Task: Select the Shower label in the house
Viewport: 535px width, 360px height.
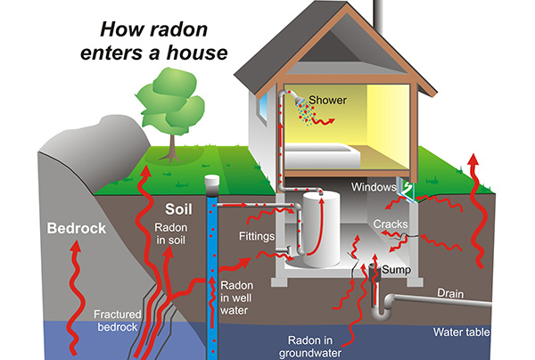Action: point(329,100)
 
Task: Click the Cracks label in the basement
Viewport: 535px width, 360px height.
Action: point(391,224)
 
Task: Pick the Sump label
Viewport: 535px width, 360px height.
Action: point(396,268)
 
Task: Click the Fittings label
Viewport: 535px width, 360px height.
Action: point(257,238)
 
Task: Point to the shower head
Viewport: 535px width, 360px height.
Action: point(303,99)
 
